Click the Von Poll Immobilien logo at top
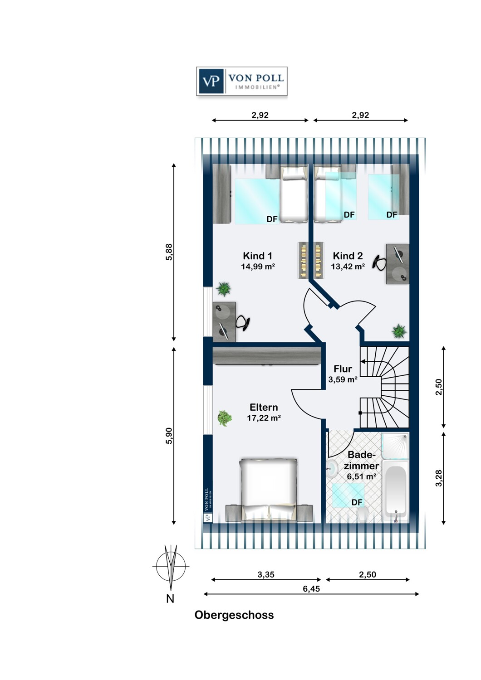pos(241,81)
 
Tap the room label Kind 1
pos(257,256)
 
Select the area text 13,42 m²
pos(348,266)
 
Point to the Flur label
pos(343,369)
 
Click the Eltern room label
pos(264,407)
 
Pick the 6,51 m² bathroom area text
pos(362,476)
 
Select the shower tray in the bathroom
pos(395,446)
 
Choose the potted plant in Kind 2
pos(399,331)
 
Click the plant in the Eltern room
pos(225,418)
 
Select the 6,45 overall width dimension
pos(311,588)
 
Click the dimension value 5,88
pos(169,252)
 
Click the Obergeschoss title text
pos(234,615)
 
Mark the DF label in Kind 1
pos(272,219)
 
